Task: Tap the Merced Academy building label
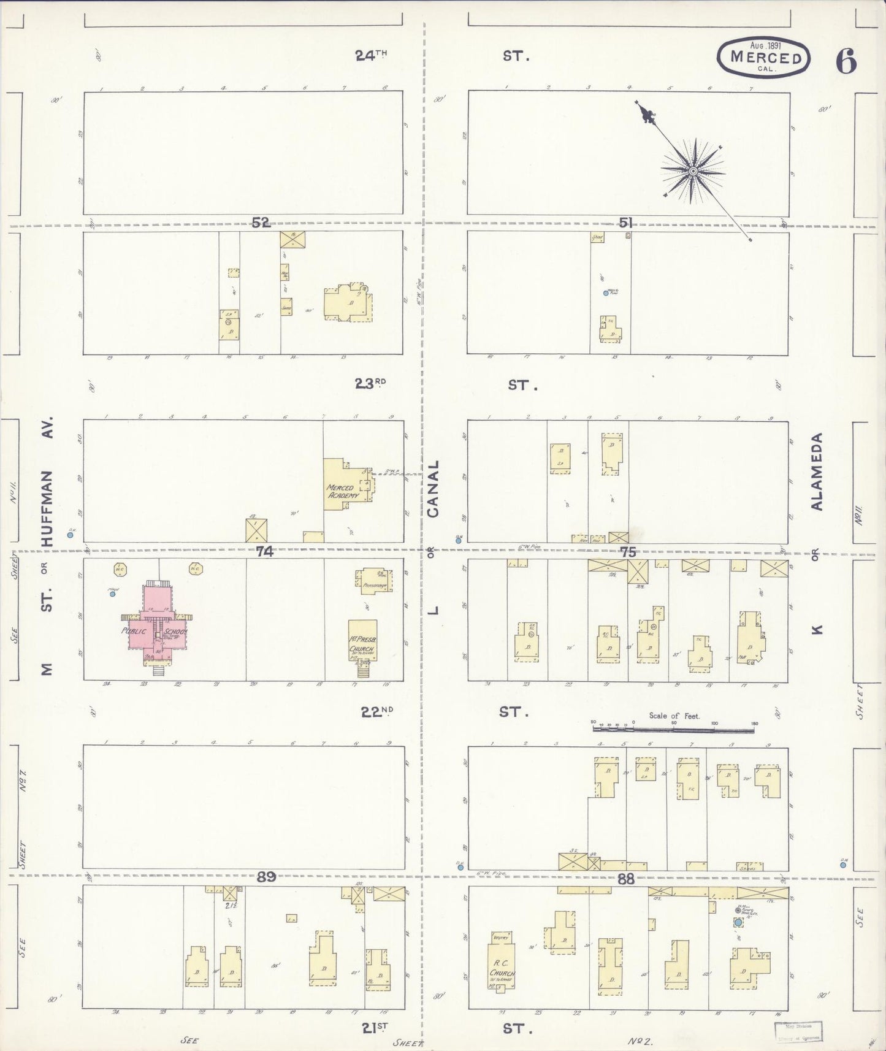[341, 491]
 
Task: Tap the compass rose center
[693, 171]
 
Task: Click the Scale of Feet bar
[673, 730]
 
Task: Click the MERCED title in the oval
[766, 58]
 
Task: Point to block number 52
[261, 222]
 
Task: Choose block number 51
[625, 223]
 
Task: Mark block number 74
[264, 551]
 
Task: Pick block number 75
[628, 552]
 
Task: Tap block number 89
[265, 877]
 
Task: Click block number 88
[625, 879]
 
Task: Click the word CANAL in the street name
[433, 489]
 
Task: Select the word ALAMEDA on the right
[816, 472]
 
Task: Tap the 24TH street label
[371, 55]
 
